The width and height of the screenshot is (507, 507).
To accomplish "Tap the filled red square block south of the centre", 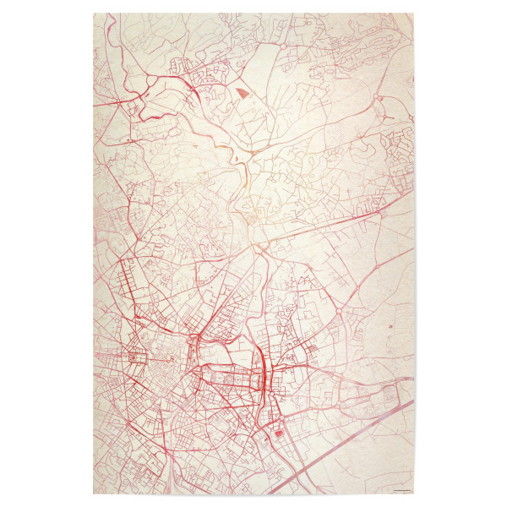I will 279,433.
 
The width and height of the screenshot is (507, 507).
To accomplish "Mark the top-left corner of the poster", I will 94,14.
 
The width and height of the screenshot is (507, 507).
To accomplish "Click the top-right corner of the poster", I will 414,14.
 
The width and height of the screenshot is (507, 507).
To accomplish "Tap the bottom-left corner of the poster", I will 94,493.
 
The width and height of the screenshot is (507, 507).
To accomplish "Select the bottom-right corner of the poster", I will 414,493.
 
